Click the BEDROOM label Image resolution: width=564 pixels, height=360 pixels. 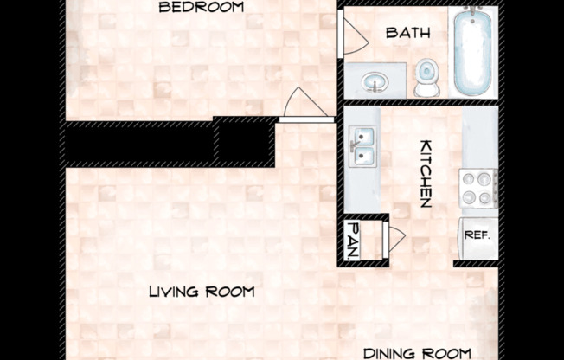tap(202, 7)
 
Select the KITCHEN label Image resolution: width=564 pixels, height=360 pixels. tap(426, 173)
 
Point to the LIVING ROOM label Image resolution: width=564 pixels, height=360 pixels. tap(202, 292)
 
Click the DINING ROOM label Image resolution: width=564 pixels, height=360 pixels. tap(417, 352)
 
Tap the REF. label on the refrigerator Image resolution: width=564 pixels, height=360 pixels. tap(477, 235)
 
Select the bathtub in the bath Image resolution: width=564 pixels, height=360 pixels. tap(472, 52)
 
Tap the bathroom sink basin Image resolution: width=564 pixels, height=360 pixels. tap(375, 82)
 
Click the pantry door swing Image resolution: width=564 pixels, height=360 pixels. tap(395, 238)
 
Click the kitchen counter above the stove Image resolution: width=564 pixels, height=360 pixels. tap(479, 138)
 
